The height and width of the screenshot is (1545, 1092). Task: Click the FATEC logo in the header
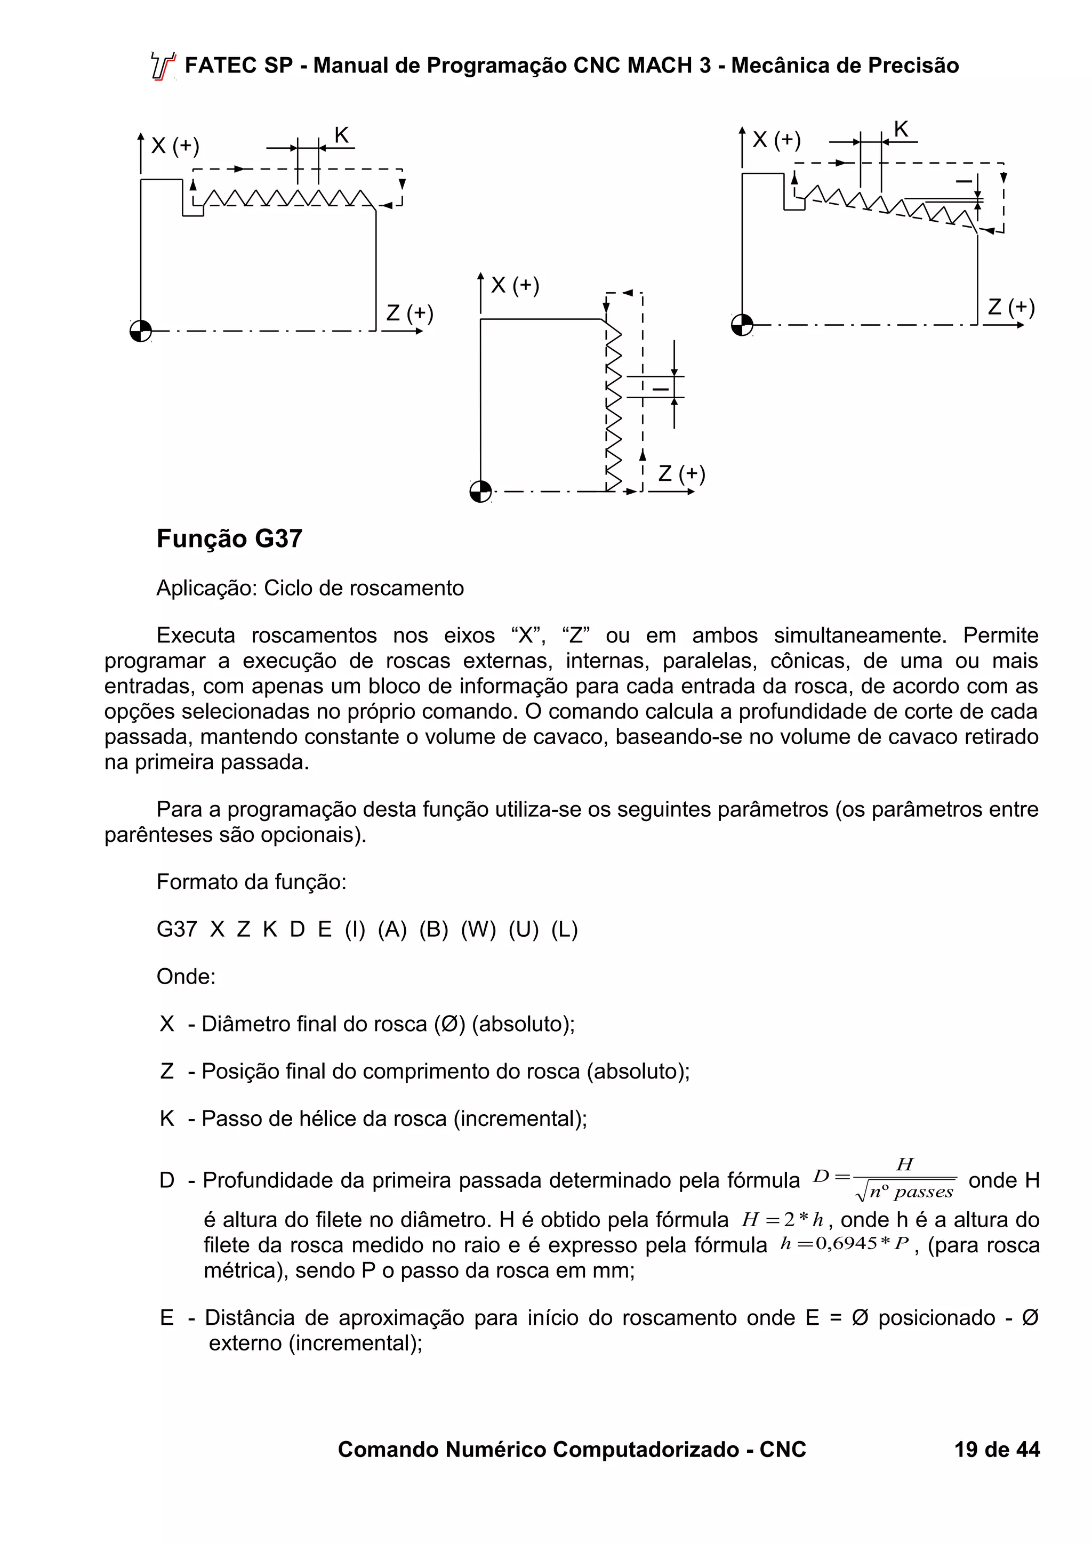162,67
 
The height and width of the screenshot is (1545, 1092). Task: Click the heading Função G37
229,539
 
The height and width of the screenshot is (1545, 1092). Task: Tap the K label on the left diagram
342,136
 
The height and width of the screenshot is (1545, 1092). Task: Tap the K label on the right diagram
901,129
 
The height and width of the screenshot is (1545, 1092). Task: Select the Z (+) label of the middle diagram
681,474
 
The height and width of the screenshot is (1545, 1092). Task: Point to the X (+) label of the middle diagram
515,285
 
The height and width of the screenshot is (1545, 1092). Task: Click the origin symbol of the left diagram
141,331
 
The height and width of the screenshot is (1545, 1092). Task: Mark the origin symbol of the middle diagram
480,491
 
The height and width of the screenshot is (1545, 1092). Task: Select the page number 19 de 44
997,1449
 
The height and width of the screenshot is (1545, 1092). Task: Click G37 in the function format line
176,929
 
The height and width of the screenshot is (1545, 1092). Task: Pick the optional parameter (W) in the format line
478,929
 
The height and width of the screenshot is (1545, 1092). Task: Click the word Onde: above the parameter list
186,976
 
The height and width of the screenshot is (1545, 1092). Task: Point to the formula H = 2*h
783,1219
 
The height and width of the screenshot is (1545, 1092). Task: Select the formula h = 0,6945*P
845,1244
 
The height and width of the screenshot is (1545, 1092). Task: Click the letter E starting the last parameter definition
167,1317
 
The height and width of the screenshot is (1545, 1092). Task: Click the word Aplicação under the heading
206,588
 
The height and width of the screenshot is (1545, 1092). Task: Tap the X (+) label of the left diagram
175,146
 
